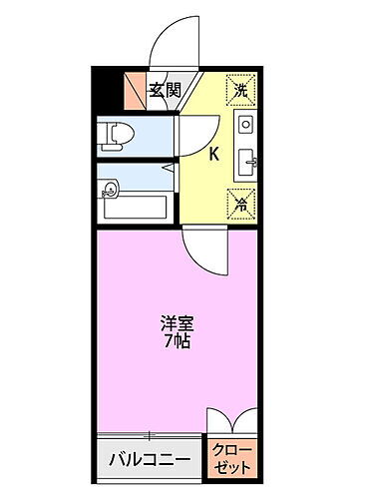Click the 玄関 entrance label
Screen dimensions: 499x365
point(164,91)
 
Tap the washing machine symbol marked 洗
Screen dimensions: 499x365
point(240,90)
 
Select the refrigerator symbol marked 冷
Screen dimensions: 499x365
point(240,202)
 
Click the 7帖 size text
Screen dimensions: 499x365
point(177,340)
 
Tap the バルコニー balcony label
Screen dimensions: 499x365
point(150,460)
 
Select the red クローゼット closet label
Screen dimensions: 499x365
point(232,460)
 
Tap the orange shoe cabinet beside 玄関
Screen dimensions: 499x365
point(134,92)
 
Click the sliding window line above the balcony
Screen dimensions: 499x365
point(150,435)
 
